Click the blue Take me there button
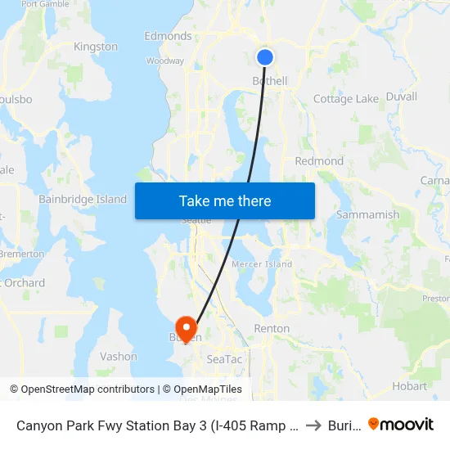pyautogui.click(x=225, y=200)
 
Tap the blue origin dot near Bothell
pyautogui.click(x=265, y=56)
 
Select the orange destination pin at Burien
pyautogui.click(x=187, y=329)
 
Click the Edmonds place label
pyautogui.click(x=168, y=36)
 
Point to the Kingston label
pyautogui.click(x=96, y=47)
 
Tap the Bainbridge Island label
pyautogui.click(x=83, y=199)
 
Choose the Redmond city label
pyautogui.click(x=319, y=161)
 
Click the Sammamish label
pyautogui.click(x=368, y=215)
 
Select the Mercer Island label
pyautogui.click(x=262, y=264)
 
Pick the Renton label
pyautogui.click(x=272, y=328)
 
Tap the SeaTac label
pyautogui.click(x=224, y=358)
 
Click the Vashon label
pyautogui.click(x=118, y=356)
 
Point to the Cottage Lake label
pyautogui.click(x=346, y=99)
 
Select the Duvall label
pyautogui.click(x=401, y=97)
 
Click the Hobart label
pyautogui.click(x=410, y=385)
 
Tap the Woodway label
pyautogui.click(x=165, y=61)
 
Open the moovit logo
pyautogui.click(x=401, y=425)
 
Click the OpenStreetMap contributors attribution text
pyautogui.click(x=88, y=389)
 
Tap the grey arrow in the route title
pyautogui.click(x=313, y=425)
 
